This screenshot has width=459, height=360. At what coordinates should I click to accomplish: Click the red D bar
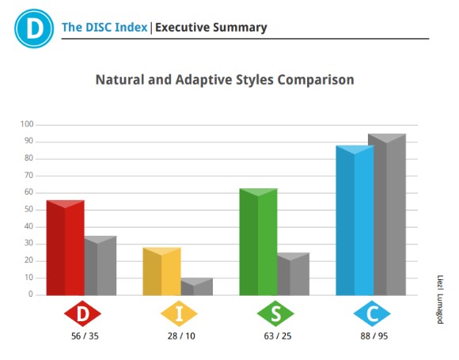coord(65,248)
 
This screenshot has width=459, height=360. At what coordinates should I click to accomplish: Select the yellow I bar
coord(161,271)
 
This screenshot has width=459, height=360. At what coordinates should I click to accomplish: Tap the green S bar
coord(258,242)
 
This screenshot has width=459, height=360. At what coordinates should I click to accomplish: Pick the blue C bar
coord(355,221)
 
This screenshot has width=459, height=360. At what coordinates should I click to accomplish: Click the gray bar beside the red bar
coord(101,266)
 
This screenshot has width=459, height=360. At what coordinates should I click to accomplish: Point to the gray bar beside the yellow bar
coord(197,286)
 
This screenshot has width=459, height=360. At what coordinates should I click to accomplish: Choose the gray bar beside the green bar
coord(294,274)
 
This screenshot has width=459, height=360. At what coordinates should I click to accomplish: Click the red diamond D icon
coord(82,313)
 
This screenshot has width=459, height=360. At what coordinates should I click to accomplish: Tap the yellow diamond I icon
coord(179,313)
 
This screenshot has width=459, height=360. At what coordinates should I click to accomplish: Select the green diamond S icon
coord(275,313)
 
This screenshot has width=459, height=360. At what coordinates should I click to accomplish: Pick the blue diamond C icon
coord(372,313)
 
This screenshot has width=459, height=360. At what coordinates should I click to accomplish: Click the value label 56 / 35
coord(85,336)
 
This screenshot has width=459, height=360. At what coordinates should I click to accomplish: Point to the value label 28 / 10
coord(181,336)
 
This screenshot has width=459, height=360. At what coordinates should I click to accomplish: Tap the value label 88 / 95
coord(374,336)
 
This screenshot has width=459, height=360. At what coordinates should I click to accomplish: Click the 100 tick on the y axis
coord(27,124)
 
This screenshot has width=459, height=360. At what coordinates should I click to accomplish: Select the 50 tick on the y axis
coord(28,210)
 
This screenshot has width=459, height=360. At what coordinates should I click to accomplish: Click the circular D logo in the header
coord(34,28)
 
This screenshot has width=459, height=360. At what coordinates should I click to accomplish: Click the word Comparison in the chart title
coord(316,80)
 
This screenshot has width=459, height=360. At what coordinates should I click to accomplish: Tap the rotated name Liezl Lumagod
coord(440,299)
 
